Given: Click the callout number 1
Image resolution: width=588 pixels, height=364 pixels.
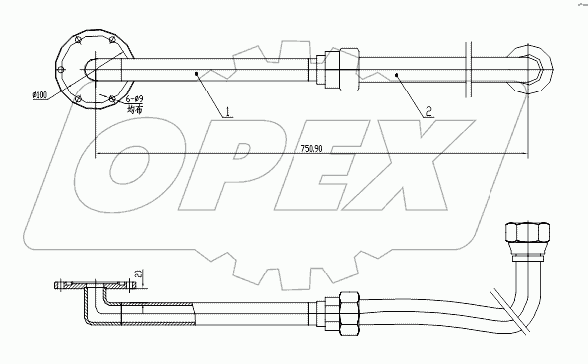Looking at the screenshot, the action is (228, 112).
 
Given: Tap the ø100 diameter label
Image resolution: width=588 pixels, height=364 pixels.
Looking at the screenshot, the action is (41, 95).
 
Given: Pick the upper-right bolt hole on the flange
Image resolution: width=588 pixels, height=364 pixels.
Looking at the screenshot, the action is (112, 40).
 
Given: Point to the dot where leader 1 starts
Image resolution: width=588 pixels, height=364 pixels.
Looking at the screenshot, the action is (198, 72).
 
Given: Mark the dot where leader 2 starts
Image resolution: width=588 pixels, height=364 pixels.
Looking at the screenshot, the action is (398, 73).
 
